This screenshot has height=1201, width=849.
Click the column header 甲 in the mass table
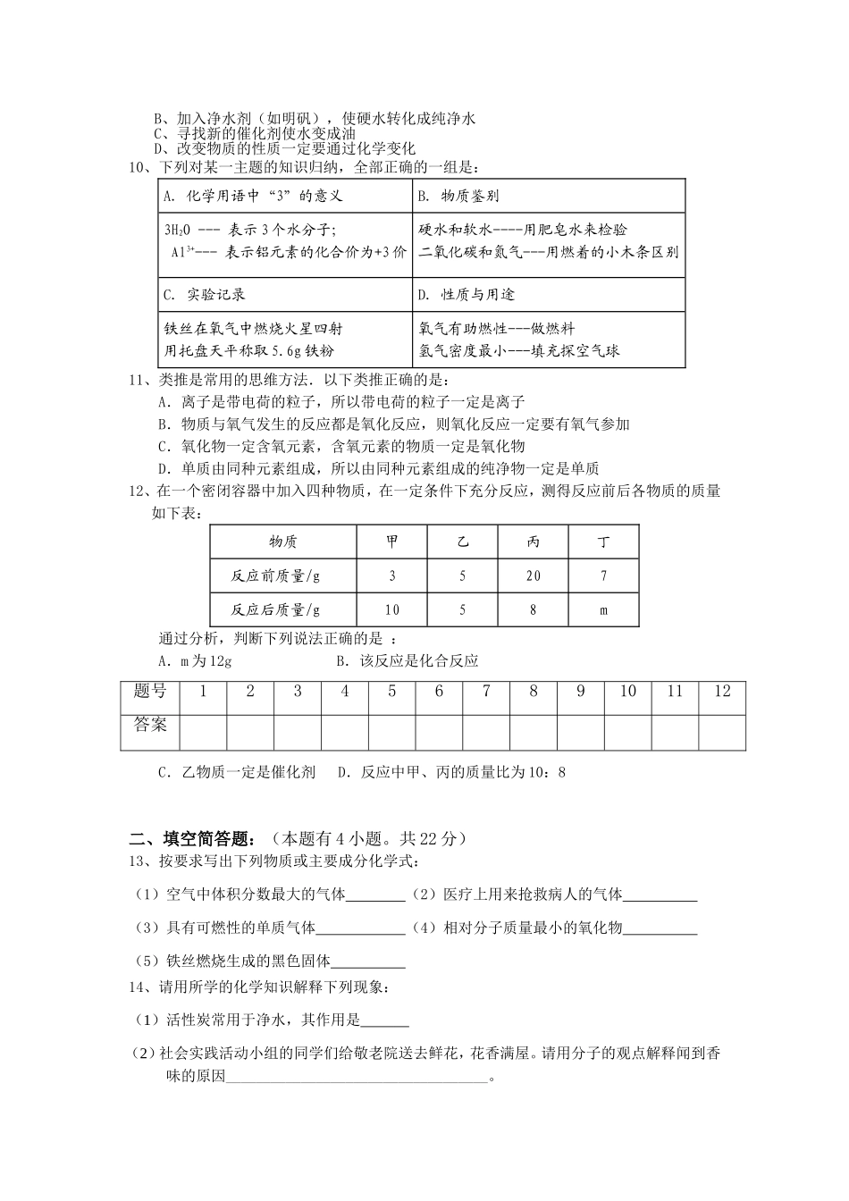392,542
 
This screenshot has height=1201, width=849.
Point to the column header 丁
603,542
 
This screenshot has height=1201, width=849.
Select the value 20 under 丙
533,576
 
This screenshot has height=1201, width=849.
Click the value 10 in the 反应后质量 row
392,610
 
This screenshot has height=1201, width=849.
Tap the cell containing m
603,610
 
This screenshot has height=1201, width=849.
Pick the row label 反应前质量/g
275,576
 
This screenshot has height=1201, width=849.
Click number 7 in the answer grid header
486,691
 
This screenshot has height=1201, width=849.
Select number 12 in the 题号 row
722,691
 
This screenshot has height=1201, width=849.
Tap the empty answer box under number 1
203,730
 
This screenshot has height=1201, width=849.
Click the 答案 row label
150,725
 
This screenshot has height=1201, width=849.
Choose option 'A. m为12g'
195,661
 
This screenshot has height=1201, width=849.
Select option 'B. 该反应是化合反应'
407,661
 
